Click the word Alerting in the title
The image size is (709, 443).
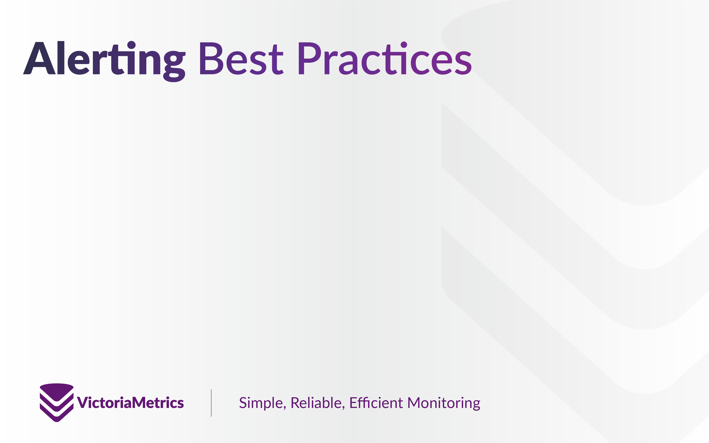click(x=104, y=61)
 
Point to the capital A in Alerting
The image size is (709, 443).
click(x=39, y=58)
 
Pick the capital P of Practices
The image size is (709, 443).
click(x=310, y=58)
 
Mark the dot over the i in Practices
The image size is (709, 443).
click(x=404, y=44)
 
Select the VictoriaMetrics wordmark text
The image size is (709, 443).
click(x=130, y=402)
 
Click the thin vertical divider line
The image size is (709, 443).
click(x=211, y=403)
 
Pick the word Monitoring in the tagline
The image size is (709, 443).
click(x=444, y=404)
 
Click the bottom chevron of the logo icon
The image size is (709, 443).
click(x=57, y=413)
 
